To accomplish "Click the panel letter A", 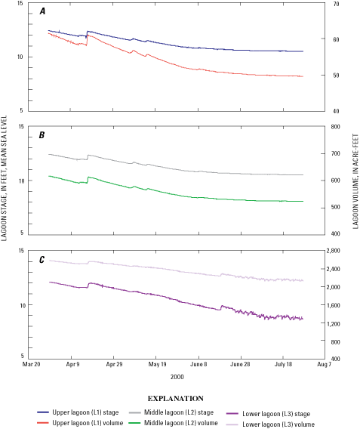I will pyautogui.click(x=42, y=13).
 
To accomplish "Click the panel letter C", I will pyautogui.click(x=42, y=259).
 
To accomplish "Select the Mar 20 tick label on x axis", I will pyautogui.click(x=31, y=364).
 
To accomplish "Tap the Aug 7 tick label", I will pyautogui.click(x=325, y=364).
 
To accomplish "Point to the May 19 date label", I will pyautogui.click(x=157, y=364).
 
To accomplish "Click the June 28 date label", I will pyautogui.click(x=240, y=364).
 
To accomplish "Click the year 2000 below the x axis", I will pyautogui.click(x=177, y=375).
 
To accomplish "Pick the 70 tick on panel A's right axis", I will pyautogui.click(x=331, y=5).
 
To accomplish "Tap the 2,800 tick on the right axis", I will pyautogui.click(x=337, y=251).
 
